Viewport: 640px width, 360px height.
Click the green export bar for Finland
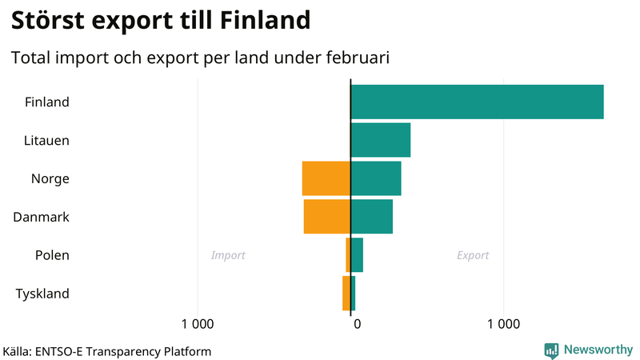click(x=477, y=102)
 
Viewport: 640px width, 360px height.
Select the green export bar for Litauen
click(x=380, y=140)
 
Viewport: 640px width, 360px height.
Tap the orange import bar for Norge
click(x=326, y=178)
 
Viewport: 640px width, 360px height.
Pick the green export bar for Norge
click(x=376, y=178)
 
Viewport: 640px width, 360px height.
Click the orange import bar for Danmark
click(x=327, y=217)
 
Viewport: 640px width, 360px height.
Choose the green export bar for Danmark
click(x=372, y=217)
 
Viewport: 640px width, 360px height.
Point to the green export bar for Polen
click(x=357, y=255)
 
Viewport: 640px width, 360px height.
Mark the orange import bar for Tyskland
click(x=346, y=294)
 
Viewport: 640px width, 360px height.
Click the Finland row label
click(x=47, y=102)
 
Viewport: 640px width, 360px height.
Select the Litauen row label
click(x=46, y=141)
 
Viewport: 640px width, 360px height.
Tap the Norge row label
click(x=50, y=179)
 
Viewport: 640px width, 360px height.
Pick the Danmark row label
click(x=42, y=218)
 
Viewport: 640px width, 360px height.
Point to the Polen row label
click(x=52, y=256)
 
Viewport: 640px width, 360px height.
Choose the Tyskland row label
click(x=42, y=294)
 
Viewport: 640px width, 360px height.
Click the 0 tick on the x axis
click(x=358, y=324)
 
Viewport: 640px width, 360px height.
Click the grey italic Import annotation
click(x=228, y=256)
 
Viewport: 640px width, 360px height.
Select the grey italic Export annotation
click(x=473, y=256)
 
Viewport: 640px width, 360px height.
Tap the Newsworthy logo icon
click(x=551, y=350)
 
